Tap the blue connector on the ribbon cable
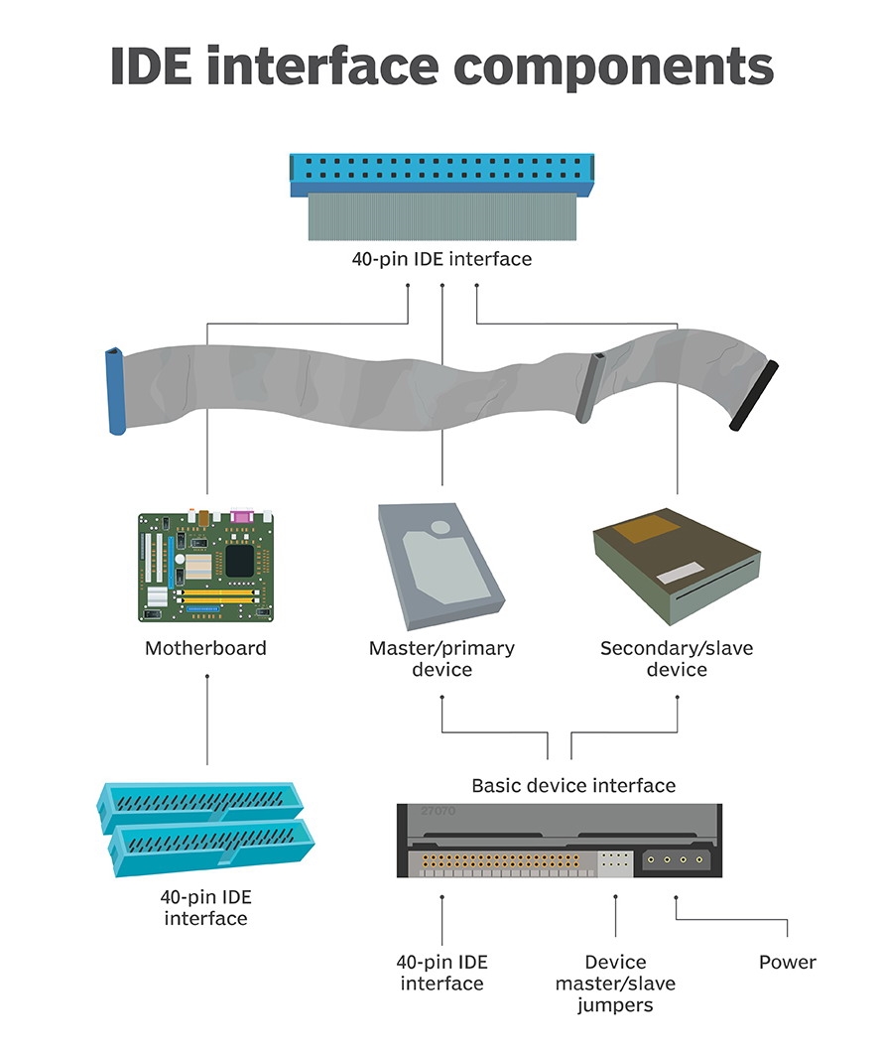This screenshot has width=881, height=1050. tap(114, 391)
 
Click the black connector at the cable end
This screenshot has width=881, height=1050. tap(754, 396)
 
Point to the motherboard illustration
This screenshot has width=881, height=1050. tap(205, 565)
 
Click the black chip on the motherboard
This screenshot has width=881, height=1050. tap(239, 561)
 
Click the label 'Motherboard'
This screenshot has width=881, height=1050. tap(205, 649)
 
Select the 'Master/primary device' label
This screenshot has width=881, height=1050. tap(441, 659)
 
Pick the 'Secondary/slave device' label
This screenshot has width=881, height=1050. tap(677, 659)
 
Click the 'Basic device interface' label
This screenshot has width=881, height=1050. tap(573, 786)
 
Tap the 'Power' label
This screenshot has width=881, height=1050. tap(788, 962)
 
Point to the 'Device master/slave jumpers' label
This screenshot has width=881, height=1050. tap(615, 984)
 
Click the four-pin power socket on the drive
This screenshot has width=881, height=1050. tap(678, 860)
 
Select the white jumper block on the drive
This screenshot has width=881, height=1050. tap(615, 862)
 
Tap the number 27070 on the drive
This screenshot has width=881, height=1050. tap(437, 811)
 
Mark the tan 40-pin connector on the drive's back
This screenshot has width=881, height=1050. tap(506, 861)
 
